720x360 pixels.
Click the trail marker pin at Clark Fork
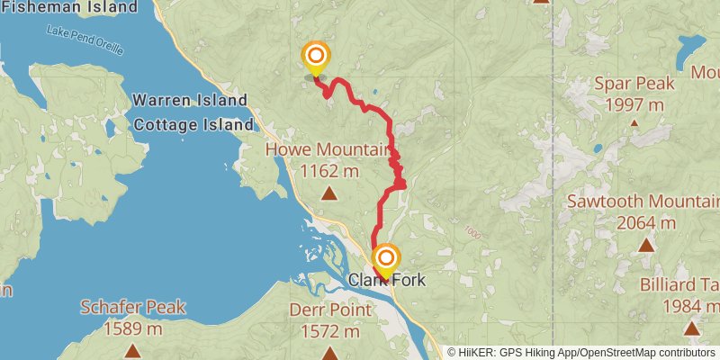pos(385,260)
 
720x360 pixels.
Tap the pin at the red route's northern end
pos(315,58)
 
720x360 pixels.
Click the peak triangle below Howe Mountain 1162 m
pos(329,192)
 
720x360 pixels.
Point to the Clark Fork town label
pos(387,281)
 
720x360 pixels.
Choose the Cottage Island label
pos(193,125)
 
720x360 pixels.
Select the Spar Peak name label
pos(634,84)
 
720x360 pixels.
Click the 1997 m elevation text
pos(634,104)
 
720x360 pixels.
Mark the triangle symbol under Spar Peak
pos(634,123)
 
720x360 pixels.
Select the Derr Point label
pos(329,310)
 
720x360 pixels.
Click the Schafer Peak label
pos(133,308)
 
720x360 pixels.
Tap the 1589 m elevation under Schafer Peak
pos(133,328)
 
